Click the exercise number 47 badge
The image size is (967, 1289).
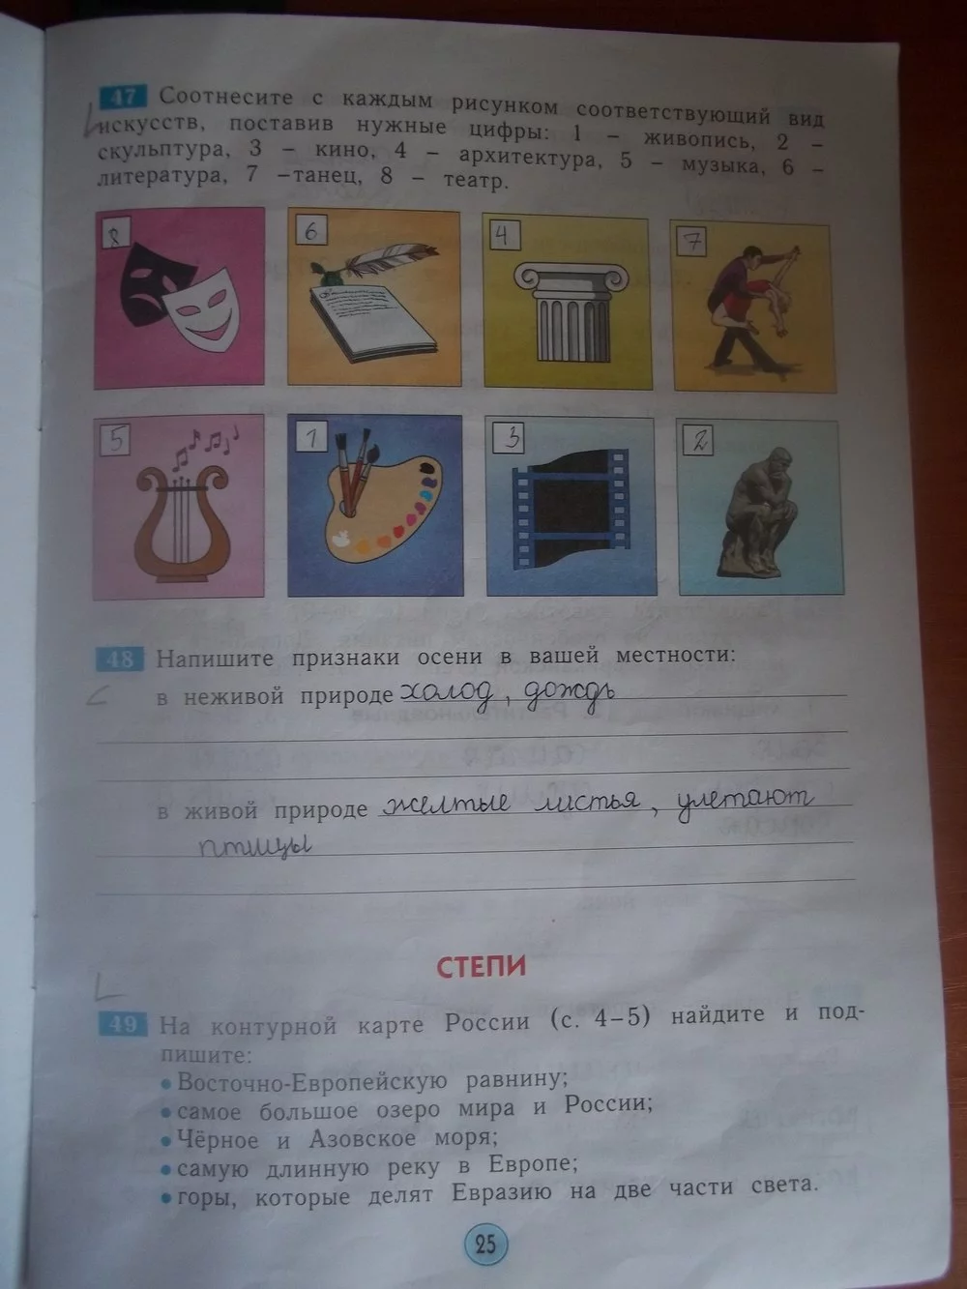click(124, 97)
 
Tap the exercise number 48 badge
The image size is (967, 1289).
click(120, 659)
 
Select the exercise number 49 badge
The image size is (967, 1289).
click(124, 1024)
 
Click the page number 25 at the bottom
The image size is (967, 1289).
click(486, 1244)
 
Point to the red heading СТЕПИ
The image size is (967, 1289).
click(482, 967)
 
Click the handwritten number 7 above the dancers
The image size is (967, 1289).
click(692, 242)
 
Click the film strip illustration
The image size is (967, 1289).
click(571, 509)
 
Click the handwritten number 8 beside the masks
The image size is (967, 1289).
click(115, 236)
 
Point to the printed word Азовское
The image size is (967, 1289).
click(363, 1139)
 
